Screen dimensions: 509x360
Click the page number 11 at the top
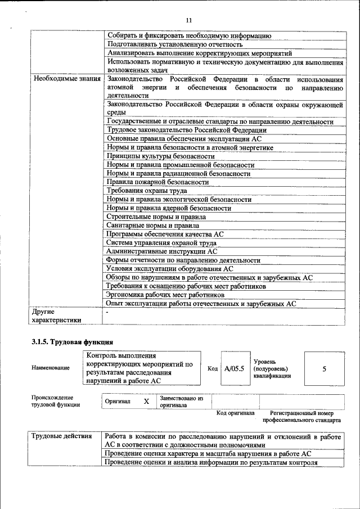[x=189, y=20]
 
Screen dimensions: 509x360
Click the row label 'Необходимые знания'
[x=67, y=79]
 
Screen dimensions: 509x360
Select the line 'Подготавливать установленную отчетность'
[x=174, y=44]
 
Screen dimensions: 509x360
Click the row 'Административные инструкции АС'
[x=161, y=251]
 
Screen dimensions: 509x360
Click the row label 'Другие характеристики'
[x=57, y=315]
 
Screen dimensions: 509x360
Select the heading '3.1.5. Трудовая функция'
[x=73, y=341]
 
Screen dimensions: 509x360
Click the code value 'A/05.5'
[x=234, y=369]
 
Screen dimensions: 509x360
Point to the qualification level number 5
[x=324, y=369]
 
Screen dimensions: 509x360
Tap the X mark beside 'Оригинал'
[x=146, y=402]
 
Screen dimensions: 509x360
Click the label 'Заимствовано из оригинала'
[x=181, y=401]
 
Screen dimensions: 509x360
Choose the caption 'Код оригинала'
[x=235, y=413]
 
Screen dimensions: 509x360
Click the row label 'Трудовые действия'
[x=61, y=436]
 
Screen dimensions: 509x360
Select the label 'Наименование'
[x=51, y=368]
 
